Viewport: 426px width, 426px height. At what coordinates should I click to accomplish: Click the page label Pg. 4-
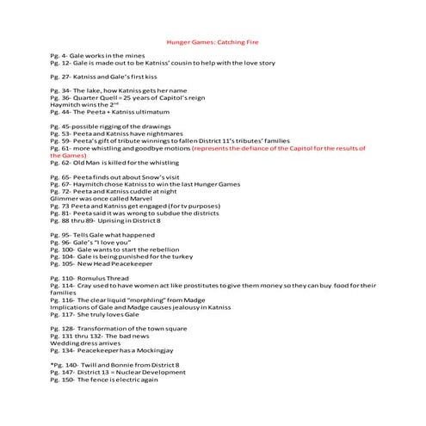pyautogui.click(x=60, y=55)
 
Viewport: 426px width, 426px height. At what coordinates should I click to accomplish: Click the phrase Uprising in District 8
pyautogui.click(x=127, y=220)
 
